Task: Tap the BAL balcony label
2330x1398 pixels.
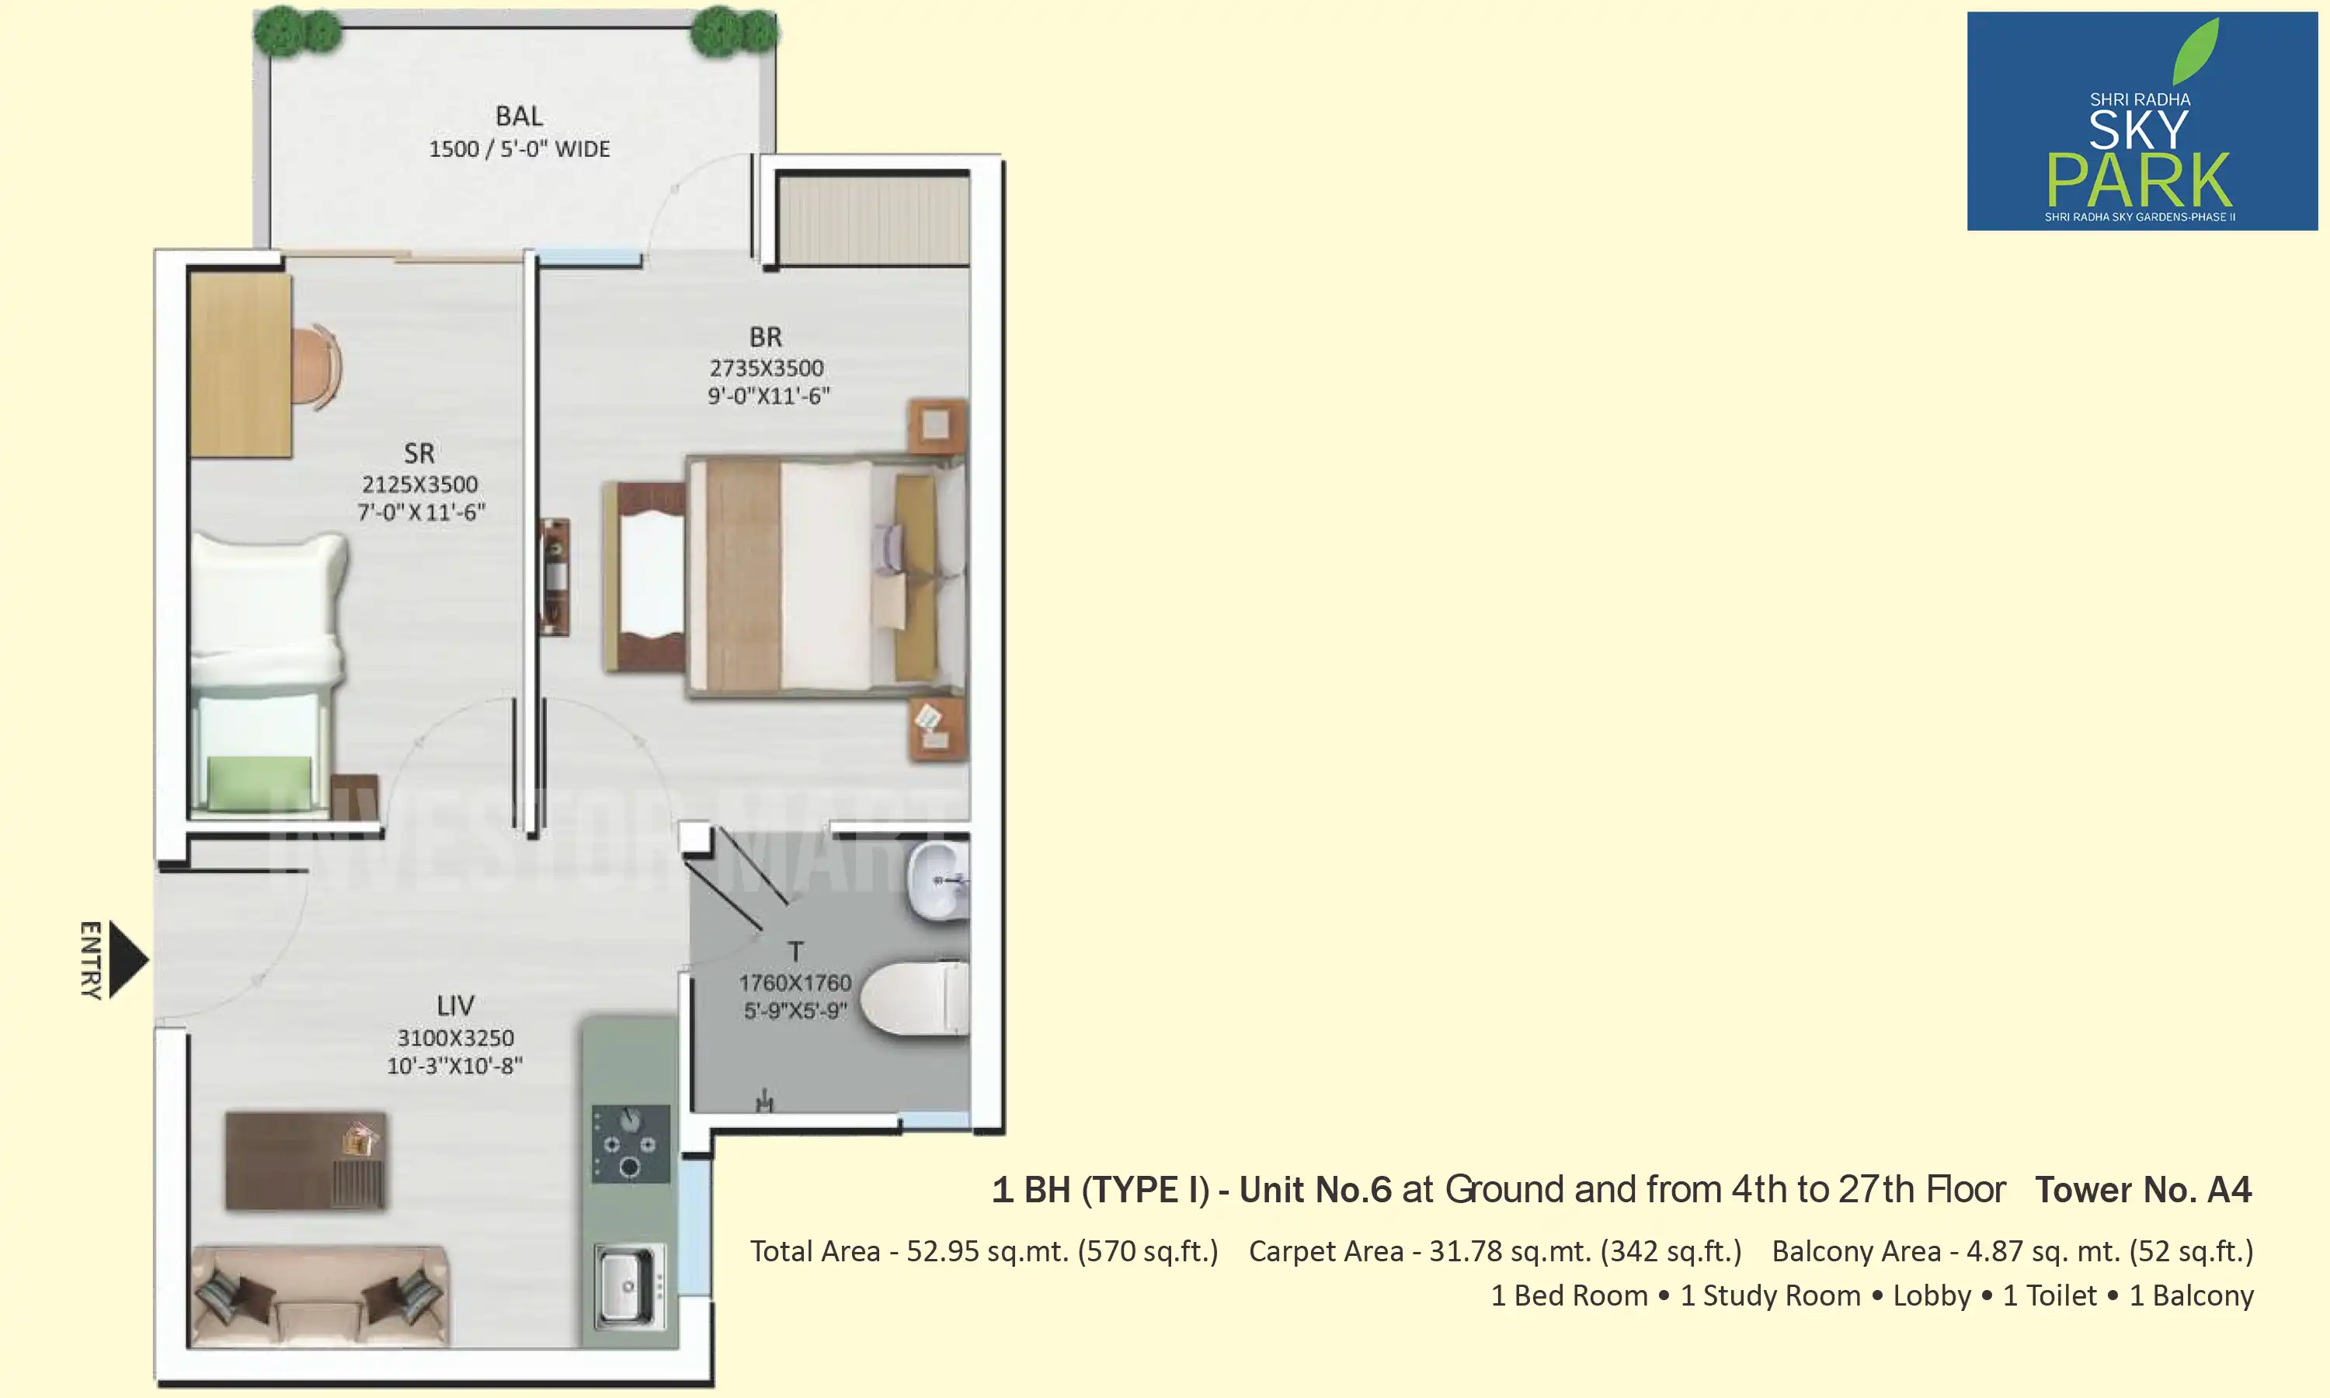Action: pos(519,116)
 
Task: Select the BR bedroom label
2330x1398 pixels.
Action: pos(766,336)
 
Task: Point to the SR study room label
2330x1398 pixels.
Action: pos(419,453)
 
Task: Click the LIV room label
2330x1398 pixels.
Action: pos(455,1005)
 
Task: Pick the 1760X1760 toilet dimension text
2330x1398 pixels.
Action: pos(795,982)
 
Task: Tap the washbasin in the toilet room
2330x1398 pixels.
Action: pos(937,882)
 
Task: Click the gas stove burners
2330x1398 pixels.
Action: pos(630,1145)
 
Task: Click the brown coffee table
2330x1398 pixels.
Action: pos(305,1160)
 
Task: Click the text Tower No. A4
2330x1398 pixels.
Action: pos(2143,1190)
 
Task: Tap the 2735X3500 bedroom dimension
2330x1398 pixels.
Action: pos(767,367)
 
